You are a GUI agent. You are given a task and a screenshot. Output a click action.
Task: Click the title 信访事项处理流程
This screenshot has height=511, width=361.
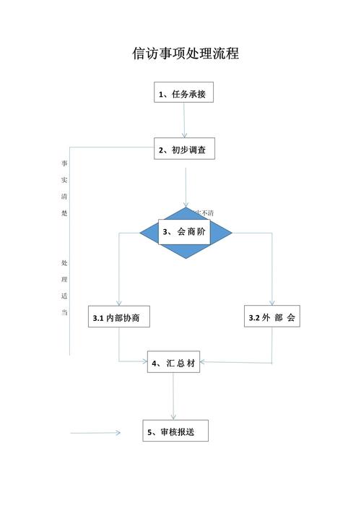(185, 55)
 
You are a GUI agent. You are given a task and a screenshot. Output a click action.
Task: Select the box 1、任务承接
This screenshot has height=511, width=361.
(184, 93)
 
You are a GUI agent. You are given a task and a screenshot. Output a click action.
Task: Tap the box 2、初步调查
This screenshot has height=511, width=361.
(184, 150)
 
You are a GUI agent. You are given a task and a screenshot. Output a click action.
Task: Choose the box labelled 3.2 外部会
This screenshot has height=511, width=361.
(272, 318)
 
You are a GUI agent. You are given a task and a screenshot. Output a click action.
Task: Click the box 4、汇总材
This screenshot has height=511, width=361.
(173, 363)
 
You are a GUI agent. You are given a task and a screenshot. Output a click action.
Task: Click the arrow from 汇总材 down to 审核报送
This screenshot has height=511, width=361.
(173, 398)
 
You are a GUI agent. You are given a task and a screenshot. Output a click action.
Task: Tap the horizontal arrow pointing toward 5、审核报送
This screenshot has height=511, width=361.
(95, 433)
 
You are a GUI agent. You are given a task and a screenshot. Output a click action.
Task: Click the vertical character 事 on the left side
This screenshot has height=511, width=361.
(64, 162)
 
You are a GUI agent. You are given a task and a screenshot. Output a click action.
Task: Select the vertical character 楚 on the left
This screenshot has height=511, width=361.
(64, 215)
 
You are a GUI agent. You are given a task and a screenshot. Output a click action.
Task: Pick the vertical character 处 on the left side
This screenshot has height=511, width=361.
(64, 261)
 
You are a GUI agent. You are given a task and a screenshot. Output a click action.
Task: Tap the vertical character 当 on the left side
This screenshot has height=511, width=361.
(64, 313)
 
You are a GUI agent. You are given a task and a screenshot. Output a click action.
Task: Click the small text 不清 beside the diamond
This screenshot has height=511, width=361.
(207, 212)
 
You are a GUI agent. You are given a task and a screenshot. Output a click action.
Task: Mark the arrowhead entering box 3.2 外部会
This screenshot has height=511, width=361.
(273, 302)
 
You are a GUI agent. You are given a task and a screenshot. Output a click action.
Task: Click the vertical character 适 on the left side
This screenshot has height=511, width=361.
(64, 296)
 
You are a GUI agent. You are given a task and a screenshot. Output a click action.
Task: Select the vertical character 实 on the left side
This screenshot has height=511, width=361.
(64, 179)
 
